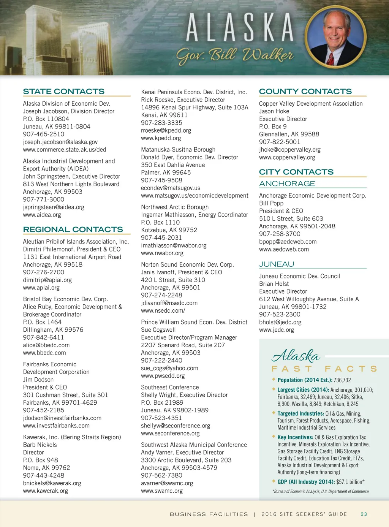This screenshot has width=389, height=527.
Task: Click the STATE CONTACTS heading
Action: click(x=63, y=92)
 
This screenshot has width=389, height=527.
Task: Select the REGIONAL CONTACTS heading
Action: click(x=73, y=229)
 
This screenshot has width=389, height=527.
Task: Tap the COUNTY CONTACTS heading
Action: click(x=305, y=92)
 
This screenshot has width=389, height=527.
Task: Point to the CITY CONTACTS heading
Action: click(x=296, y=172)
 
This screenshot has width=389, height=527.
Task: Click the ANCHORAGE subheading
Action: click(x=287, y=184)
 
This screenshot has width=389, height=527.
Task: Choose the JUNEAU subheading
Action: click(x=277, y=264)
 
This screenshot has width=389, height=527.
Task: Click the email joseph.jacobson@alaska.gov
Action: click(x=60, y=142)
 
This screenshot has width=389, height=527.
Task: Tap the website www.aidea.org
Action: click(x=42, y=215)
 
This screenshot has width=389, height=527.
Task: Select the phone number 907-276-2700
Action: click(x=44, y=272)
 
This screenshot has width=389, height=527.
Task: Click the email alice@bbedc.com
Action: click(x=46, y=345)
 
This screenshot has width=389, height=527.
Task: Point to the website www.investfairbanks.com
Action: click(x=56, y=426)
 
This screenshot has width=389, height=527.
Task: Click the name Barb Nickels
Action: click(x=40, y=445)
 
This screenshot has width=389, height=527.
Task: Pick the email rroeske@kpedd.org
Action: click(x=166, y=130)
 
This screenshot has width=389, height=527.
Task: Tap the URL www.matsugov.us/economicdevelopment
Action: click(x=194, y=195)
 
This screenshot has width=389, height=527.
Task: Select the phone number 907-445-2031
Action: click(x=161, y=237)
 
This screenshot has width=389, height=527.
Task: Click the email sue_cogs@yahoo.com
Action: click(x=169, y=368)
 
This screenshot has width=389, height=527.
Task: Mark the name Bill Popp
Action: click(x=271, y=203)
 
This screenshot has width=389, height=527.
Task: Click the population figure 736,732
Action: click(x=342, y=380)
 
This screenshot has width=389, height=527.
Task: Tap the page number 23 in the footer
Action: click(x=364, y=514)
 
